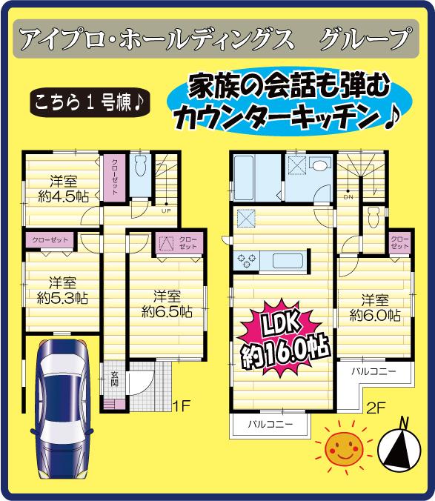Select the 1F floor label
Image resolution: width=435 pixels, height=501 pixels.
183,405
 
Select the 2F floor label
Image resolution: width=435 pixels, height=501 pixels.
377,405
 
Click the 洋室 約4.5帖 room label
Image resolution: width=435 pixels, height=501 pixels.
59,189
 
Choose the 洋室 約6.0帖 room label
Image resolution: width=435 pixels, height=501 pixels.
375,308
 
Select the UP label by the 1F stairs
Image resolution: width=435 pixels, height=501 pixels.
167,210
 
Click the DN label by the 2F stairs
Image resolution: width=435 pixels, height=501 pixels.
348,198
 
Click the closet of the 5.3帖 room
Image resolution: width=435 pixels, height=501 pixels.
49,240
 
